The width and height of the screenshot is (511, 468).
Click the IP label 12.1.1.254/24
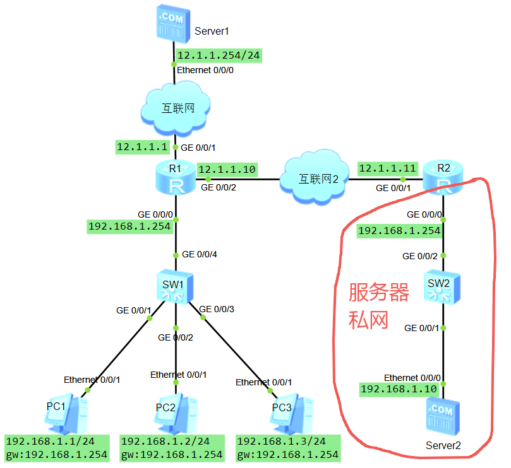click(x=219, y=56)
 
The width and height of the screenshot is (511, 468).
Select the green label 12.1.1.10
click(x=227, y=169)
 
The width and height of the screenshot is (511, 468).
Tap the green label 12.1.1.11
click(x=387, y=168)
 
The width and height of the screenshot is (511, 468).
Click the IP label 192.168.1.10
click(x=399, y=389)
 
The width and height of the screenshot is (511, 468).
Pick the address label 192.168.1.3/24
click(x=282, y=441)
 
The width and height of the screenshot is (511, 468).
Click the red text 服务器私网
click(x=378, y=306)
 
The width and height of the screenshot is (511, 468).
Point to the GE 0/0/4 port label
click(x=200, y=255)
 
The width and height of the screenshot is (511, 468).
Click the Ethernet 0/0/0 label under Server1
click(x=205, y=70)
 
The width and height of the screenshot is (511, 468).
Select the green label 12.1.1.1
click(x=142, y=147)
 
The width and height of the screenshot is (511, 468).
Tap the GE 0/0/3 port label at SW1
click(x=217, y=308)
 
